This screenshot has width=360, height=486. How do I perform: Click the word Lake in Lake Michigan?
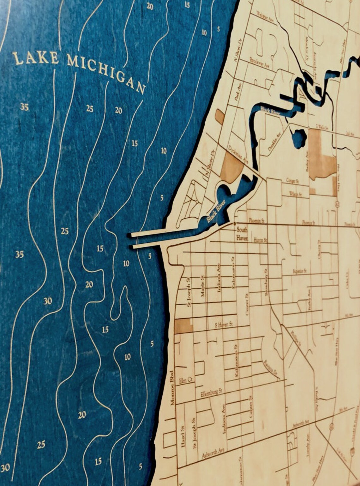point(35,58)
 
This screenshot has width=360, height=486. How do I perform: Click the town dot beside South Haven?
point(234,223)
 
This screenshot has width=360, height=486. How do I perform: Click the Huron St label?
point(261,240)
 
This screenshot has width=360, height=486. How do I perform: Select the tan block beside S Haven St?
point(183,325)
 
